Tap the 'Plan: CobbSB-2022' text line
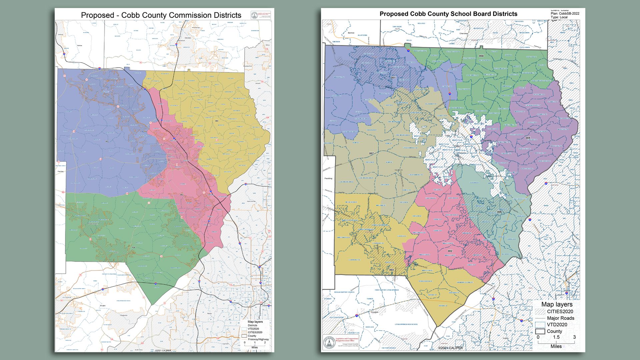pos(565,14)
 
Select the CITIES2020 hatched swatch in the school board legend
pos(540,312)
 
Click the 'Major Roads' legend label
pos(560,318)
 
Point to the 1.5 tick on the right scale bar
pos(556,337)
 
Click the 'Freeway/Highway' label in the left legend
pos(258,339)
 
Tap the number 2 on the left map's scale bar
pos(265,343)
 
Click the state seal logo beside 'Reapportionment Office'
pos(328,343)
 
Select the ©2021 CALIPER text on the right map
pos(450,348)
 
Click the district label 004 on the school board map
pos(481,56)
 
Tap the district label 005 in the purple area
pos(528,138)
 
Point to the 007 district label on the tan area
pos(371,154)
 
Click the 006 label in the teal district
pos(499,212)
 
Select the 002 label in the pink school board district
pos(450,251)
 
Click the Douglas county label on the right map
pos(375,312)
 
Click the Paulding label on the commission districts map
pos(61,171)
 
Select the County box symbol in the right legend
pos(540,332)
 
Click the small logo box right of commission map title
pos(261,15)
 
